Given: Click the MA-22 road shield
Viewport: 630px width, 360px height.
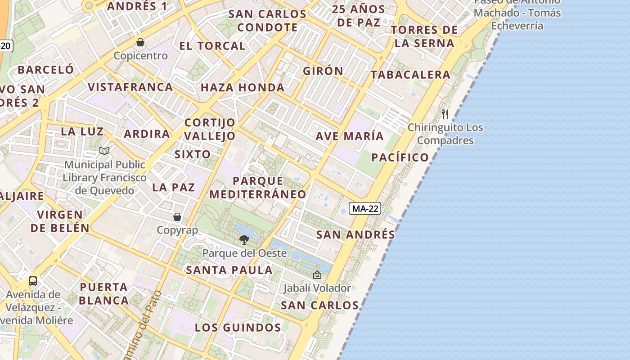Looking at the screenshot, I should click(365, 208).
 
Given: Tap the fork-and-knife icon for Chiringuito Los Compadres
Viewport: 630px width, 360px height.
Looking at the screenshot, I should click(445, 114).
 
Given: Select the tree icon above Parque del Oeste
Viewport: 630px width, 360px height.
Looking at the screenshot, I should click(244, 239).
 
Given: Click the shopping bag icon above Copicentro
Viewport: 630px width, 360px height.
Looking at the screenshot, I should click(140, 42).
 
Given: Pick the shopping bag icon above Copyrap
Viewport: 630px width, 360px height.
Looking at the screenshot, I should click(177, 217).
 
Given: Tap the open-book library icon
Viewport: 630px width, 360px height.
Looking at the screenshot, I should click(104, 151).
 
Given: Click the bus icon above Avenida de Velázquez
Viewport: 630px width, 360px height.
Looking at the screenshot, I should click(33, 281).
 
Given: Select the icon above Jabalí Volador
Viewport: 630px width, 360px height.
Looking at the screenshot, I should click(317, 274).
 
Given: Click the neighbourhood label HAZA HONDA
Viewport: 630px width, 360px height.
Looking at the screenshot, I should click(243, 88).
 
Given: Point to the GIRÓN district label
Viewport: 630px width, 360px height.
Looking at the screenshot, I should click(323, 71).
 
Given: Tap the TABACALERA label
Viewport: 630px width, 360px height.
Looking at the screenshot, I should click(410, 75).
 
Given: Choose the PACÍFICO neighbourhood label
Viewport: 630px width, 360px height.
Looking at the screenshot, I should click(400, 157).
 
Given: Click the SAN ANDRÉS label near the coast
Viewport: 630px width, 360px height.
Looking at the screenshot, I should click(355, 234).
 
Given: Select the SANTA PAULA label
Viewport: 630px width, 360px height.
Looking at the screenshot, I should click(229, 270).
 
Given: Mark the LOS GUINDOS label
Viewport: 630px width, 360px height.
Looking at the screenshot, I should click(238, 328).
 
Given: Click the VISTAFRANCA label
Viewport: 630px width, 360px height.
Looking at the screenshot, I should click(130, 87).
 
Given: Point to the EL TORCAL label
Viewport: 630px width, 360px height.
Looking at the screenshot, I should click(212, 46).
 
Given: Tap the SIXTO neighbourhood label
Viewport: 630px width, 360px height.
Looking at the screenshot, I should click(193, 154).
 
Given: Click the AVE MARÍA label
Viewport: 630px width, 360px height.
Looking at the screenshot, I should click(350, 136).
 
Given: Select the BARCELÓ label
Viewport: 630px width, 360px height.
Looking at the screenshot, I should click(45, 70).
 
